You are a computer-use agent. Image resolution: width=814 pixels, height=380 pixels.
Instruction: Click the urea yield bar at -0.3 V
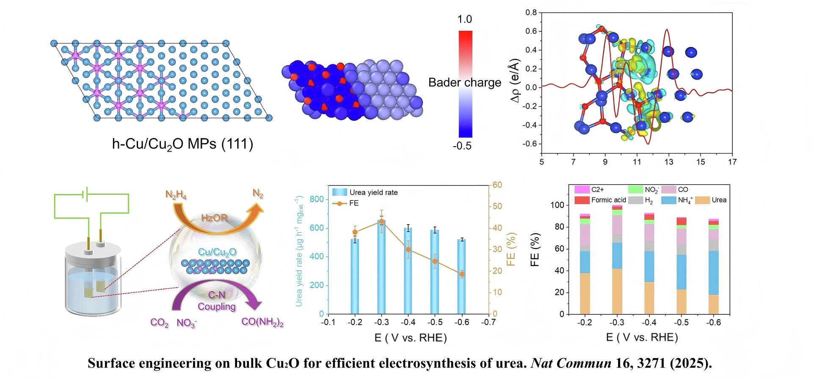tap(381, 267)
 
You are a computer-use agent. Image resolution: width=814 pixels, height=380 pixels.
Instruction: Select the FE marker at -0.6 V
tap(462, 274)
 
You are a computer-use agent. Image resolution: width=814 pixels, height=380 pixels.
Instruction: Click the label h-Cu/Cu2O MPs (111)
tap(182, 145)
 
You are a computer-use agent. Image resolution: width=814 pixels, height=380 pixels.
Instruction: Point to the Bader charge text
tap(464, 82)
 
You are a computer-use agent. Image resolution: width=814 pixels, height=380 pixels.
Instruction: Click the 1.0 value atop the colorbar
tap(464, 19)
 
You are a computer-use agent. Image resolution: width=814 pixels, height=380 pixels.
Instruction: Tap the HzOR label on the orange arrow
tap(214, 218)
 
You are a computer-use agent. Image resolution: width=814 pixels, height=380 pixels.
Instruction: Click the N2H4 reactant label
tap(176, 195)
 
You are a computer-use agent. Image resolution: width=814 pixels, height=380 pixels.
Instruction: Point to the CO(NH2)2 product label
tap(262, 322)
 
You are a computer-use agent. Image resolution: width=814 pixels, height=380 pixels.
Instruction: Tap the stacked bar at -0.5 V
tap(681, 266)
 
